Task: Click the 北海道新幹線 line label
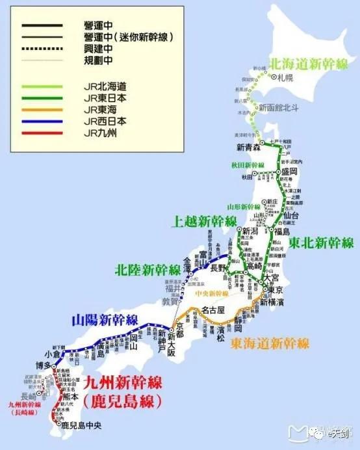coord(309,64)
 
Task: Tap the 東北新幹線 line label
coord(322,243)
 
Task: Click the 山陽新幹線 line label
coord(105,320)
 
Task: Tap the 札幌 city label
coord(285,77)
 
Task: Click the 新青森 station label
coord(249,146)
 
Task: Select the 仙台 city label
coord(291,215)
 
